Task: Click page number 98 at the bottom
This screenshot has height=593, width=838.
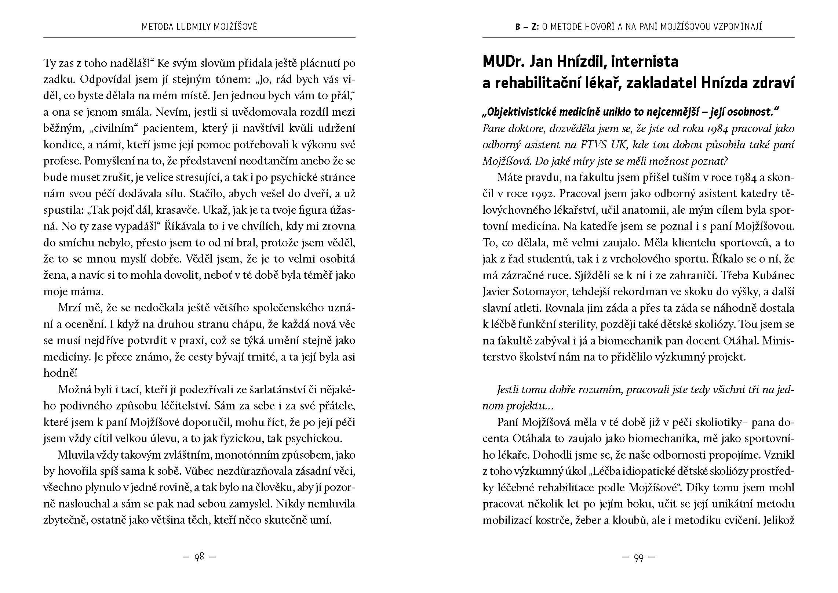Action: (x=199, y=557)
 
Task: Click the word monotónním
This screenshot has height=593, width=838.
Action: (x=248, y=455)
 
